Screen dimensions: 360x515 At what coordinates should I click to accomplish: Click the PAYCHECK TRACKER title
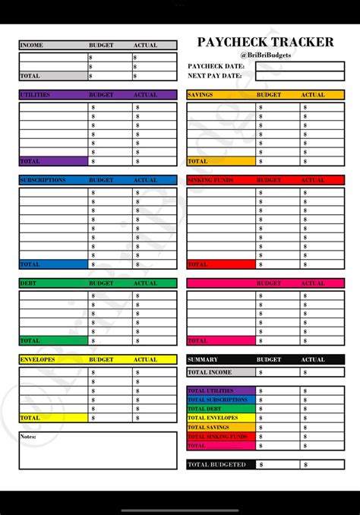(265, 43)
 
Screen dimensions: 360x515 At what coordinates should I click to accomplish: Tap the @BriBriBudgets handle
(265, 55)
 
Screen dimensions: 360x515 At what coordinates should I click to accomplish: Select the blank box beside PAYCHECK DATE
(299, 66)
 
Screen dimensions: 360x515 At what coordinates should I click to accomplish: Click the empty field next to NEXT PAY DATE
(299, 77)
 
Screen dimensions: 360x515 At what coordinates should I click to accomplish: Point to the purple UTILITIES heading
(36, 95)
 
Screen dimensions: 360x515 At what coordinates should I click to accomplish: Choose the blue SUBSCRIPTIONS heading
(43, 180)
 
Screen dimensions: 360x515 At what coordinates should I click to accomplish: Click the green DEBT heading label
(28, 283)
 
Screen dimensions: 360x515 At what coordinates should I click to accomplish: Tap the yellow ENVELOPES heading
(37, 359)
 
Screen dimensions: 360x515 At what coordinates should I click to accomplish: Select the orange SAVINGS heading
(201, 95)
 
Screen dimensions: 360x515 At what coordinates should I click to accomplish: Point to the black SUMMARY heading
(203, 359)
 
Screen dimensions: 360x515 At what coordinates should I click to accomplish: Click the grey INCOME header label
(32, 45)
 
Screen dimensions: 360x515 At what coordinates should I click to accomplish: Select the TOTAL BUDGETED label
(217, 464)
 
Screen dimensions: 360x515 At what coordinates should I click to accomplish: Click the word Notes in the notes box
(29, 437)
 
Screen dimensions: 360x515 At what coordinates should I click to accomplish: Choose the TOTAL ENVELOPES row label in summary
(213, 418)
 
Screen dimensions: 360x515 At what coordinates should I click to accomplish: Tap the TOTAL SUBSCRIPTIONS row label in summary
(217, 400)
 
